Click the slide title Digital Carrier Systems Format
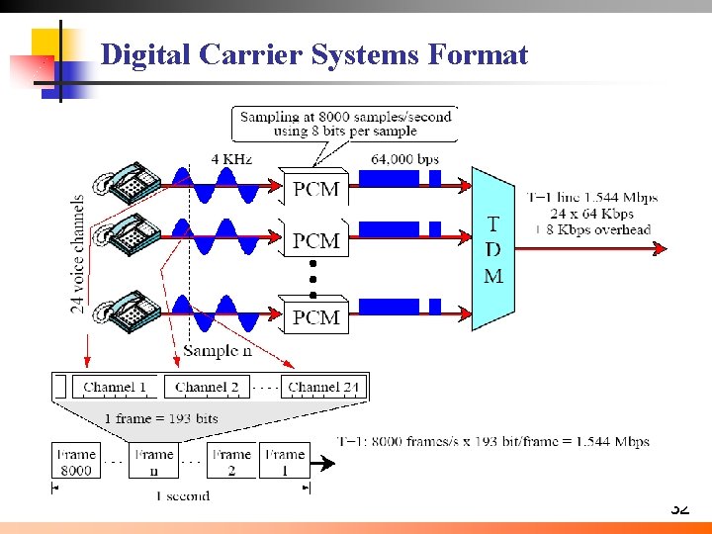tap(314, 54)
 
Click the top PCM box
tap(315, 189)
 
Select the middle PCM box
tap(315, 240)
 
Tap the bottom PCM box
tap(315, 316)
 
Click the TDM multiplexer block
tap(492, 250)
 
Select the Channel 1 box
tap(115, 387)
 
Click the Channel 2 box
tap(207, 387)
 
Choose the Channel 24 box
tap(323, 387)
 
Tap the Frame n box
tap(153, 462)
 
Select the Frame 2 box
tap(231, 462)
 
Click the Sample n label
tap(219, 351)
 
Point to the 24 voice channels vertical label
tap(78, 254)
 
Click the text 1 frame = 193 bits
tap(161, 418)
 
